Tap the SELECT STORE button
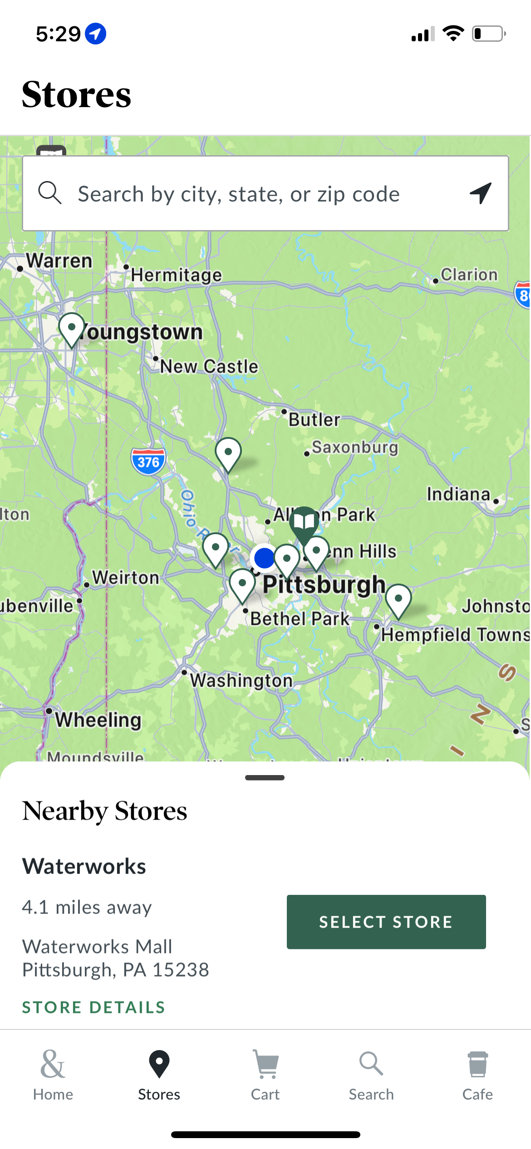386,922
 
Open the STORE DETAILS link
93,1007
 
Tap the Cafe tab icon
477,1065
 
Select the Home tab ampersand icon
53,1065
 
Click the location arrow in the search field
481,194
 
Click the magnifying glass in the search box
49,193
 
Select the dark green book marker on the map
304,522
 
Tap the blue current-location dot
265,558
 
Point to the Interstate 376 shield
148,462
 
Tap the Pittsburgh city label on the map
324,584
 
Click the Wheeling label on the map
98,720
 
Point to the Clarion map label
469,275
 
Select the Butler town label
314,420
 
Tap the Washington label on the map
241,680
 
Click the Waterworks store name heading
84,866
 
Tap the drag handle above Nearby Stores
265,778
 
